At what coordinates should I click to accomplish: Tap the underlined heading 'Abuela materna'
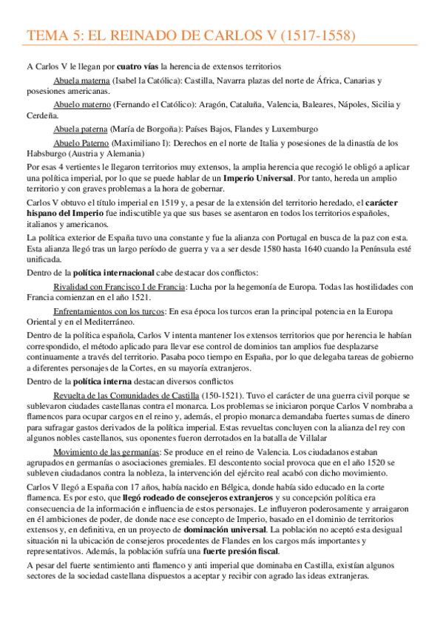[81, 80]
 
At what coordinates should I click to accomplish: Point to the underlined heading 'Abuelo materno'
[81, 104]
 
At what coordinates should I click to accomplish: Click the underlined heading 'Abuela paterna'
[81, 129]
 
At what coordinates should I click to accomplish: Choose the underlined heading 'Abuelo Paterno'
[81, 142]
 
